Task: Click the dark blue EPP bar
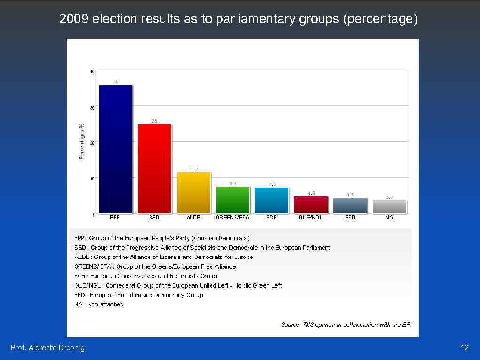point(115,149)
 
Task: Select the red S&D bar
point(154,169)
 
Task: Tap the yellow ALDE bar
point(194,193)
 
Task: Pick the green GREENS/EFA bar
point(233,200)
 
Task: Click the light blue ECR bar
point(271,200)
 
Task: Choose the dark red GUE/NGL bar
point(311,205)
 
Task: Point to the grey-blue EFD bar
point(350,206)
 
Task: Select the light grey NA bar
point(389,207)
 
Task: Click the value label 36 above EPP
point(116,82)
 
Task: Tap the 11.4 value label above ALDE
point(194,169)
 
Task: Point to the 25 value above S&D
point(154,121)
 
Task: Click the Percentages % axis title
point(82,141)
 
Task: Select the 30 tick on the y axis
point(92,108)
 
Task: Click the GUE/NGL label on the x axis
point(311,218)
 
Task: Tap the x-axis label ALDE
point(194,218)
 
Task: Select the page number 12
point(464,348)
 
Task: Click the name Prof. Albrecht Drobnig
point(47,348)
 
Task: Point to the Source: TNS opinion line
point(346,325)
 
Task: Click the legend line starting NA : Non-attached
point(99,305)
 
